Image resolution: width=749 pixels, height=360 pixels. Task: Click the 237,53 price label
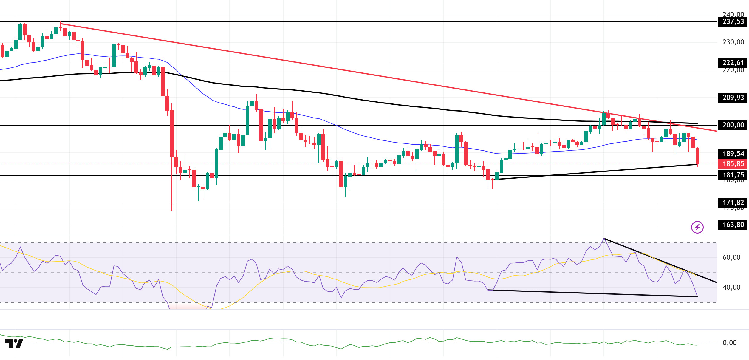tap(733, 22)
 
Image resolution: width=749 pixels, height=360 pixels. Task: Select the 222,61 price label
tap(733, 63)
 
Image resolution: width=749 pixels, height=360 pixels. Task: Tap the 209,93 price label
tap(733, 98)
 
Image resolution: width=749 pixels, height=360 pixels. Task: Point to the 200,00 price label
tap(733, 125)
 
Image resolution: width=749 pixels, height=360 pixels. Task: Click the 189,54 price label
tap(733, 154)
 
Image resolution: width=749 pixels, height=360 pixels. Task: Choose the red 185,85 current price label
tap(733, 164)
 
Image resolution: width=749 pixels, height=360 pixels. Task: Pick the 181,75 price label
tap(733, 175)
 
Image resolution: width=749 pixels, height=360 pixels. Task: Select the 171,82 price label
tap(733, 203)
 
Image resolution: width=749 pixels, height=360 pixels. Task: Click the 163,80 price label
tap(733, 225)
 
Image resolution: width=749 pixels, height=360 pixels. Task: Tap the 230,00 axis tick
tap(733, 42)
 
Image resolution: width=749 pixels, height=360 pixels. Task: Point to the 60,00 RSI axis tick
tap(731, 258)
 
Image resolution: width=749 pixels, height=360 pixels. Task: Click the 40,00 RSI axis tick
tap(731, 288)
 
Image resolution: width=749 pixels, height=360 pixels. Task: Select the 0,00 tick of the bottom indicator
tap(729, 343)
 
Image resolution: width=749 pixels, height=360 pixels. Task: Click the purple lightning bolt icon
tap(697, 228)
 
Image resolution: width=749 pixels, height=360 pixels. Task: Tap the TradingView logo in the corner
tap(14, 344)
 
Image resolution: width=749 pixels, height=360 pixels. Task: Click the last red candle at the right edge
tap(697, 156)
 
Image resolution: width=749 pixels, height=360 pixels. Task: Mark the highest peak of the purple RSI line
tap(604, 238)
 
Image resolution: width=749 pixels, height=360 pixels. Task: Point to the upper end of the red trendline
tap(61, 24)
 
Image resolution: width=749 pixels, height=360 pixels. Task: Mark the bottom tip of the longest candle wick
tap(172, 211)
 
